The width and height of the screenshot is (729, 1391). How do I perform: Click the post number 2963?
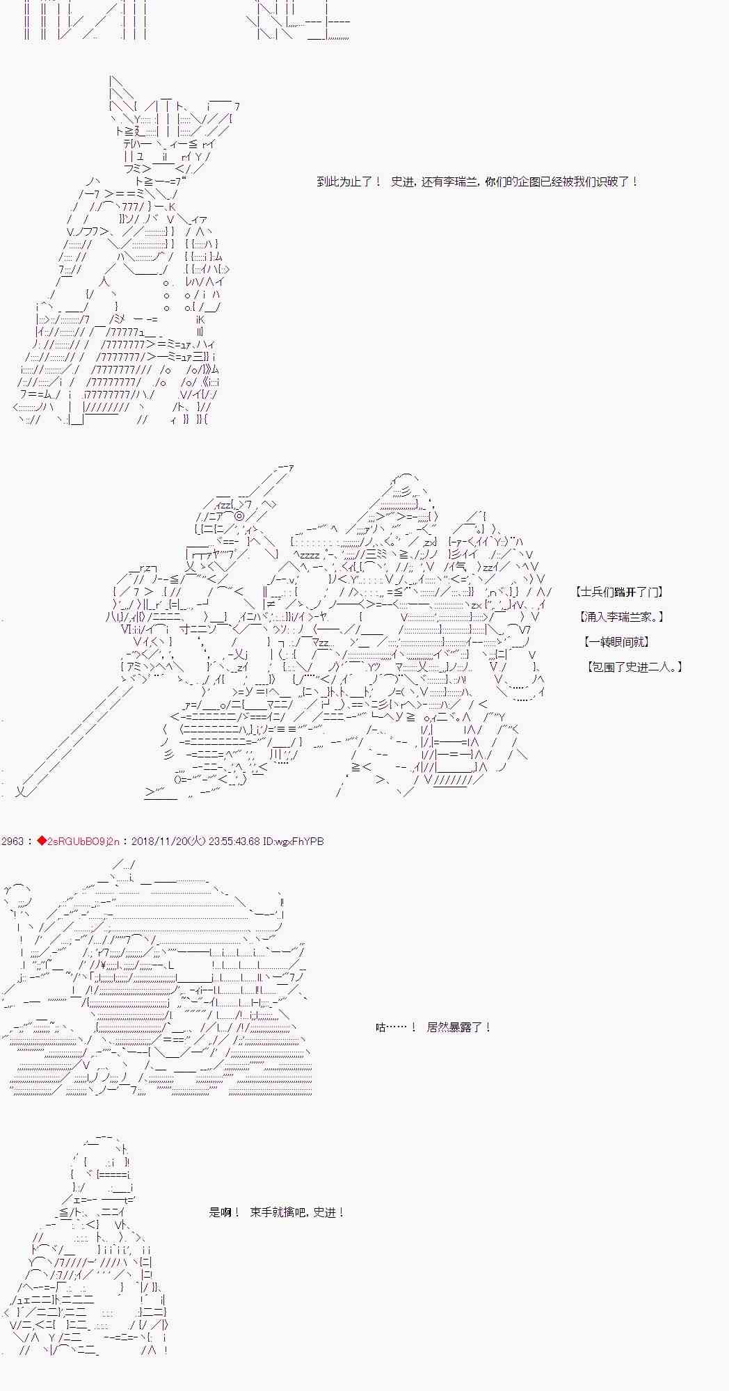point(12,842)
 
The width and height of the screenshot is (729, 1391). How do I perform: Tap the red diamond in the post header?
point(41,842)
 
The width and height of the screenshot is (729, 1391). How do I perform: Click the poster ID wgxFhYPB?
point(300,842)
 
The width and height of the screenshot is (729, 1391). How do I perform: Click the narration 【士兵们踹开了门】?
point(619,592)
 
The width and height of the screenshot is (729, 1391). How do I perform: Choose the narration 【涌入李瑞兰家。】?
point(621,617)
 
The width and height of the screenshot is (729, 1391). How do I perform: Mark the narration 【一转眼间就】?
point(618,642)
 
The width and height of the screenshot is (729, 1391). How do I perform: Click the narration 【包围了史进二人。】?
point(635,667)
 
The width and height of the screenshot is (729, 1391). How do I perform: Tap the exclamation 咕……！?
point(396,1027)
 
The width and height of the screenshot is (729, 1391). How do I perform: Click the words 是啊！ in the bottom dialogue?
point(224,1212)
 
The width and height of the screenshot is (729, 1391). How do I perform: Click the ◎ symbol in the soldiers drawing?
point(239,516)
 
